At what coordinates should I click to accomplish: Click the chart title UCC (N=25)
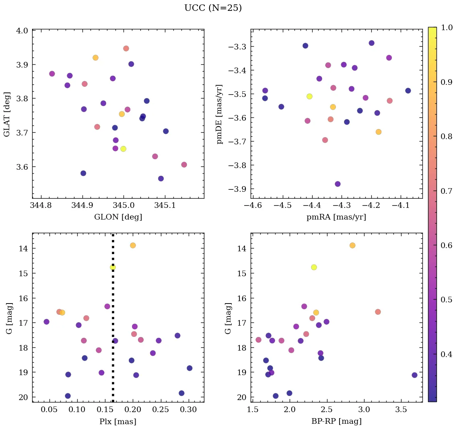[x=213, y=8]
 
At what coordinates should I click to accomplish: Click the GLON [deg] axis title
[x=118, y=217]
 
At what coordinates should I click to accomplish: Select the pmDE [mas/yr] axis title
[x=219, y=114]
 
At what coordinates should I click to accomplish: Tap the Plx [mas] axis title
[x=118, y=421]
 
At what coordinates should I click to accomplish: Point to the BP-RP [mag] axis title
[x=337, y=421]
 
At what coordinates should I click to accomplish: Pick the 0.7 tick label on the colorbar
[x=447, y=191]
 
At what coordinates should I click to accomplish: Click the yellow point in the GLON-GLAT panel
[x=123, y=149]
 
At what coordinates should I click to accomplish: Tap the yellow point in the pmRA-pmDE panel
[x=309, y=96]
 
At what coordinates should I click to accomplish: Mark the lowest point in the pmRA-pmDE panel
[x=338, y=184]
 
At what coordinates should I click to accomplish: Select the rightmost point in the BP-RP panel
[x=414, y=375]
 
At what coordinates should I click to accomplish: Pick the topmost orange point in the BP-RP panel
[x=352, y=245]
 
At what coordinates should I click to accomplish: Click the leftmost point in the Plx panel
[x=46, y=322]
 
